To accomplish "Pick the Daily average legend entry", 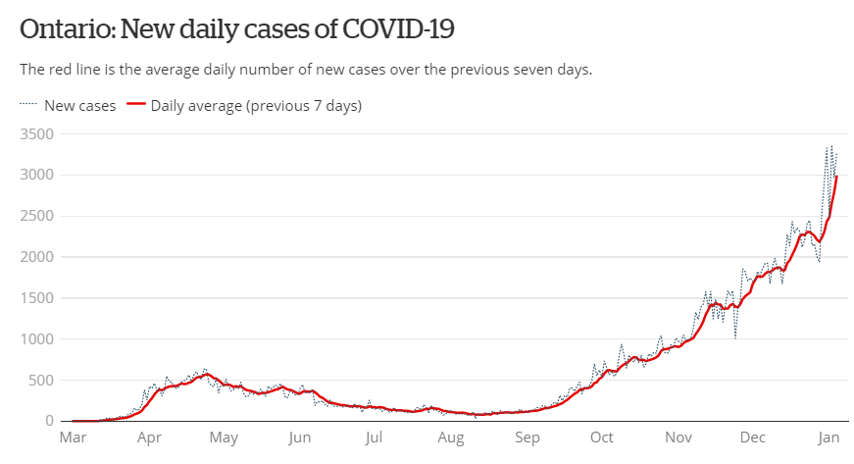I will tap(256, 105).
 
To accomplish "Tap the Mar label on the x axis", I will tap(73, 438).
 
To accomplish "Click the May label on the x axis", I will tap(224, 438).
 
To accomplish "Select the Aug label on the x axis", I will tap(450, 438).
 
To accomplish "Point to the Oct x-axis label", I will tap(602, 438).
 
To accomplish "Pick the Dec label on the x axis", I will tap(753, 438).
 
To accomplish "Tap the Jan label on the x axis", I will tap(829, 438).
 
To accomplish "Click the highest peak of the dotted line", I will tap(831, 146).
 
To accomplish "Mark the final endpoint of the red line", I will tap(836, 177).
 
